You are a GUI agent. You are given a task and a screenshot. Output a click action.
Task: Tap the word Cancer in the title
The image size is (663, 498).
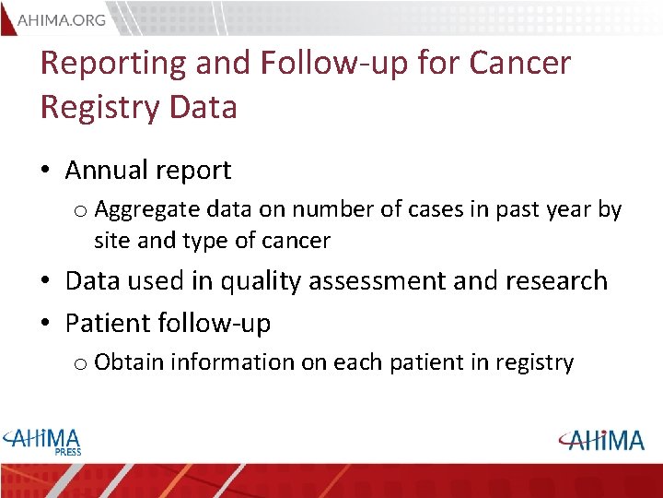pos(519,63)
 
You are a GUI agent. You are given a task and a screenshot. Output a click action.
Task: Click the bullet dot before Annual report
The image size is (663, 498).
pos(48,172)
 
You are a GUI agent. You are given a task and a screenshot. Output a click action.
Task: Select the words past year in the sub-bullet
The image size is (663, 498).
pos(544,210)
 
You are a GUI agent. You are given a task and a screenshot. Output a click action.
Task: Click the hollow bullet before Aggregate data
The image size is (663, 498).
pos(80,212)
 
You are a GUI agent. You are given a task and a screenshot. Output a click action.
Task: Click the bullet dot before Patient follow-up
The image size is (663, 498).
pos(48,325)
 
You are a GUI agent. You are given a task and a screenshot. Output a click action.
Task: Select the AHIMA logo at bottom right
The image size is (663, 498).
pos(600,440)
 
